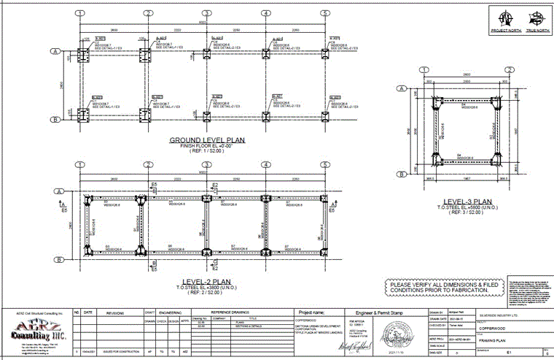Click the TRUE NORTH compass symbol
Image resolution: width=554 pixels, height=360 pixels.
[535, 17]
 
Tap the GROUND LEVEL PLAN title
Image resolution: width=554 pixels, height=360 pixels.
[207, 141]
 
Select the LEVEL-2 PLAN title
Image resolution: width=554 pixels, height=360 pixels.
[206, 280]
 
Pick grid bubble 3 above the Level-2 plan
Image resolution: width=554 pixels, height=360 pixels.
[207, 165]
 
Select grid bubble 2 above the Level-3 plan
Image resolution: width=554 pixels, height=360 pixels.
[504, 70]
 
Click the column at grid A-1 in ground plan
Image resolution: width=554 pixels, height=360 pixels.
[80, 54]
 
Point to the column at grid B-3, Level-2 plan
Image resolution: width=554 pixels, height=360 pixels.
[207, 252]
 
